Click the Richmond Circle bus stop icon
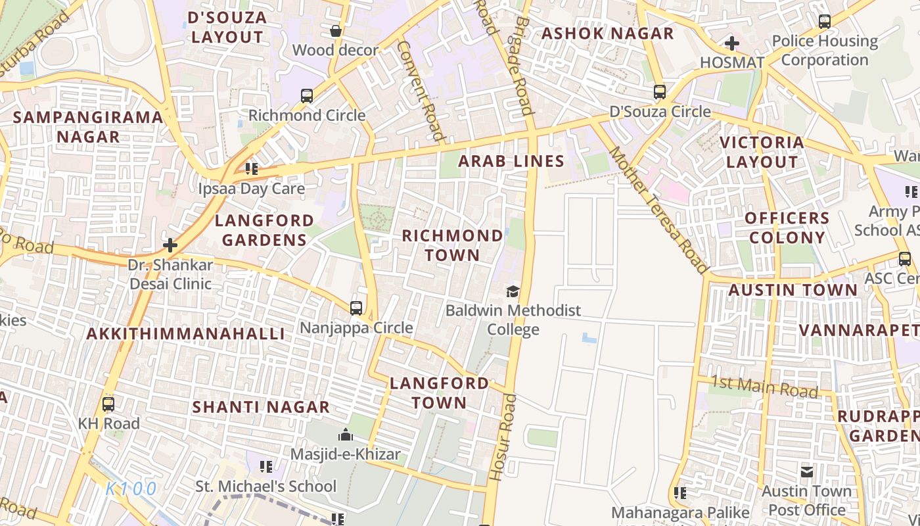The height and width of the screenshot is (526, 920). click(x=307, y=96)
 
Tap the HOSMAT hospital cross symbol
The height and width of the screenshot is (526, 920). click(x=731, y=44)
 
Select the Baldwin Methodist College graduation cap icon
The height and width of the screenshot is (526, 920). click(x=513, y=291)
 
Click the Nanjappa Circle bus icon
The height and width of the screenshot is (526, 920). click(x=356, y=308)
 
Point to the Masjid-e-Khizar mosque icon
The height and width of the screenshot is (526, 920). click(x=345, y=435)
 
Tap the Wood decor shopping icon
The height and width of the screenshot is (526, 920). click(x=336, y=31)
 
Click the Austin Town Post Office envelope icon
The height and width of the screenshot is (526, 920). click(x=807, y=471)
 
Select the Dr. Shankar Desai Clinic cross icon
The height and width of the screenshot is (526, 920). click(x=170, y=246)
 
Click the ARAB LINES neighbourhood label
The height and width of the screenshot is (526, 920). click(x=511, y=161)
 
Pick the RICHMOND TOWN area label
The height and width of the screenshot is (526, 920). click(x=452, y=245)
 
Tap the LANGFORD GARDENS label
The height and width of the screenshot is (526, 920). click(x=264, y=230)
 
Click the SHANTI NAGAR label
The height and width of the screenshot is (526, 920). click(x=261, y=407)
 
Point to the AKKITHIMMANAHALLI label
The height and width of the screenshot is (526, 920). click(x=186, y=333)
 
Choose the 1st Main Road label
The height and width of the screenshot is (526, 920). click(x=764, y=386)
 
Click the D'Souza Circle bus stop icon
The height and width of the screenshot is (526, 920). click(x=660, y=92)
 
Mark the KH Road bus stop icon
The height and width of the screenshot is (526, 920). click(x=108, y=404)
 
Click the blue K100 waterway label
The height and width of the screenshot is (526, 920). click(x=131, y=489)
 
